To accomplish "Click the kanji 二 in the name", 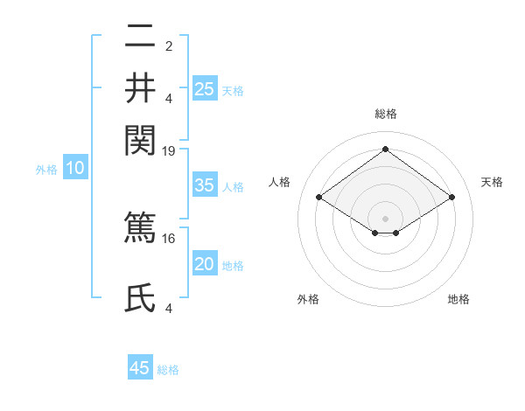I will [x=140, y=38].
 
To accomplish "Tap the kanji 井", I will [x=140, y=87].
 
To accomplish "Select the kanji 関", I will [x=140, y=138].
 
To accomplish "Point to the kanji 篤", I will [x=140, y=225].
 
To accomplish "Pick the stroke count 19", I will [x=169, y=151].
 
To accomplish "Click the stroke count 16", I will [x=169, y=237].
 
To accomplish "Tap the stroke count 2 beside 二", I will [x=169, y=46].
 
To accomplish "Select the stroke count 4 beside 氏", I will [x=169, y=309].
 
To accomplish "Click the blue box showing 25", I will [x=204, y=88].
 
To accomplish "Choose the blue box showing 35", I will [x=204, y=185].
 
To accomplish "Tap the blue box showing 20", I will [x=204, y=264].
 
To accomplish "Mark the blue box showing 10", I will [x=74, y=169].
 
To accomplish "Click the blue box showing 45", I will [x=140, y=368].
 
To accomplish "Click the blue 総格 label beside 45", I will [x=168, y=370].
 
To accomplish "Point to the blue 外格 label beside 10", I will [x=46, y=170].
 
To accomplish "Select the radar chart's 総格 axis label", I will [x=385, y=114].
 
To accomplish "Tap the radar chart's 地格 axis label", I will [x=458, y=299].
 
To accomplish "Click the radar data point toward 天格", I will [x=451, y=198].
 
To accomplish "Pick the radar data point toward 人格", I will [x=319, y=198].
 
